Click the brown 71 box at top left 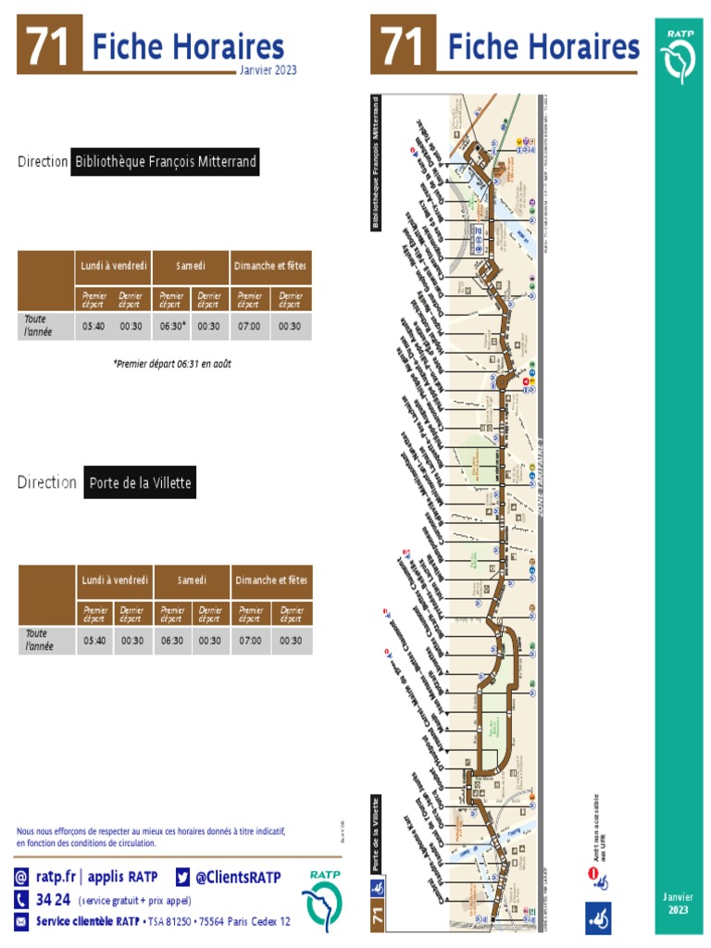[x=49, y=44]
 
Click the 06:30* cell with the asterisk [x=172, y=326]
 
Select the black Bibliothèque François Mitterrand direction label [x=165, y=162]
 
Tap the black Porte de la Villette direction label [x=140, y=483]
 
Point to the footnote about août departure [x=172, y=364]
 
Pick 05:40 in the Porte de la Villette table [x=94, y=641]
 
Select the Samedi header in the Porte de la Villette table [x=192, y=580]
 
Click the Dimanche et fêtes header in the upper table [x=270, y=267]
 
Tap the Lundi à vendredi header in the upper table [x=114, y=267]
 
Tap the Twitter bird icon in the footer [x=182, y=877]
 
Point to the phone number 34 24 [x=53, y=900]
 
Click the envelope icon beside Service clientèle [x=21, y=921]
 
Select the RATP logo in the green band [x=680, y=56]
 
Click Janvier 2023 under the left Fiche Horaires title [x=268, y=70]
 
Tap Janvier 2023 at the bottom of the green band [x=679, y=904]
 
